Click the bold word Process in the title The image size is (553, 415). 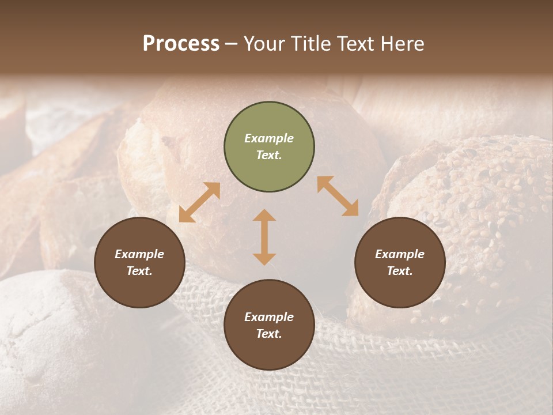coord(181,44)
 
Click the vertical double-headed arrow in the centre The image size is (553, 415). coord(264,237)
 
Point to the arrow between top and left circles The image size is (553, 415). coord(199,202)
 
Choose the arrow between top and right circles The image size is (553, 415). coord(338,196)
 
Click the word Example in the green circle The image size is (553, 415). coord(269,138)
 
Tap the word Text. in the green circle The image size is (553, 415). coord(269,155)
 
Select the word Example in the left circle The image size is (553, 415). coord(139,254)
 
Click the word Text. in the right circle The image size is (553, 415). coord(400,271)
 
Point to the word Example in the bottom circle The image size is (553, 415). coord(269,317)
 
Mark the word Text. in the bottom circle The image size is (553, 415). coord(269,334)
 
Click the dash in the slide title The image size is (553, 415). coord(231,44)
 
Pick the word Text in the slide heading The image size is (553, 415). coord(357,44)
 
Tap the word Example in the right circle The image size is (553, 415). coord(400,254)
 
